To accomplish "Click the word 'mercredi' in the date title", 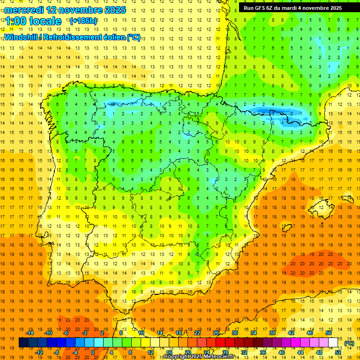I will tap(24, 9).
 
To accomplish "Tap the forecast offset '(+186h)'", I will tap(83, 21).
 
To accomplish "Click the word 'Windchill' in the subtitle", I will tap(22, 37).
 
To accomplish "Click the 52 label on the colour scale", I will tap(338, 352).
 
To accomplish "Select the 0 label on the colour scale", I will tap(93, 352).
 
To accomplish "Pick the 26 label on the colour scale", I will tap(216, 333).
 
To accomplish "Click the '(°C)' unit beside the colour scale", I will tap(349, 343).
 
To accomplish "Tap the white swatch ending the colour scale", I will tap(333, 343).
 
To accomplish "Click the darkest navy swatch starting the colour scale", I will tap(23, 343).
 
